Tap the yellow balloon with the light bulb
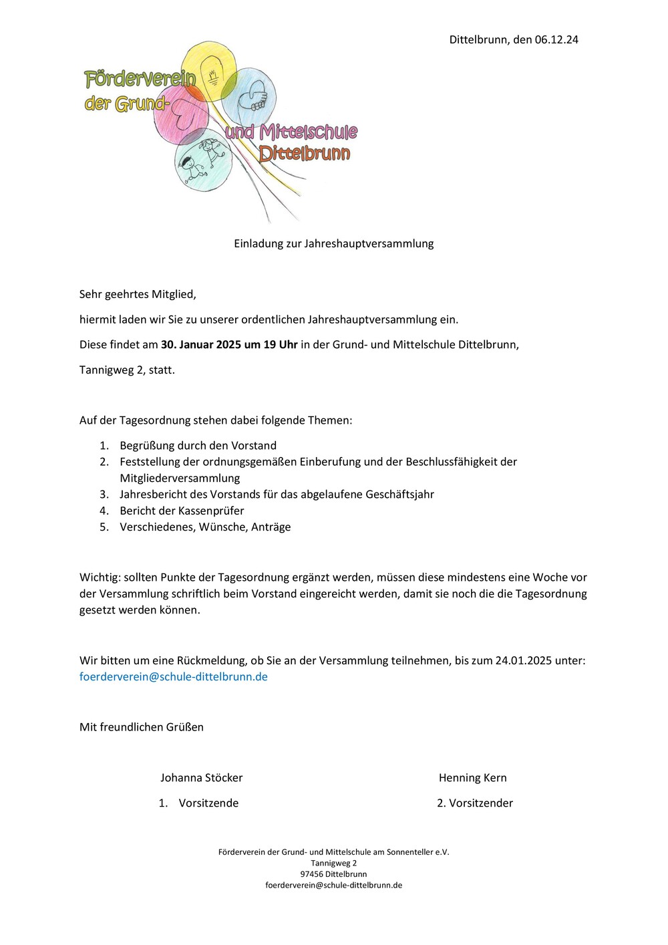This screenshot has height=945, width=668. point(209,70)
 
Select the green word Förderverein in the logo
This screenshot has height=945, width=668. point(140,79)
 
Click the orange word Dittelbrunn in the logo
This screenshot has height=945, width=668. point(305,154)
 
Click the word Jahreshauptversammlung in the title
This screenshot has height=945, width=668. point(369,243)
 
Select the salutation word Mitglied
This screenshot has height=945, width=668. point(173,294)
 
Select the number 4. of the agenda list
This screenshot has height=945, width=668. point(104,511)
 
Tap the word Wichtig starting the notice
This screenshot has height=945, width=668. point(99,577)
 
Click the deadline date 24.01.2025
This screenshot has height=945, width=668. point(523,660)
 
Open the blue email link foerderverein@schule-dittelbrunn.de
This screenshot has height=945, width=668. point(173,676)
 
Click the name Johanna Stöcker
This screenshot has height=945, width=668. point(201,778)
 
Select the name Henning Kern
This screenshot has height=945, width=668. point(472,778)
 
